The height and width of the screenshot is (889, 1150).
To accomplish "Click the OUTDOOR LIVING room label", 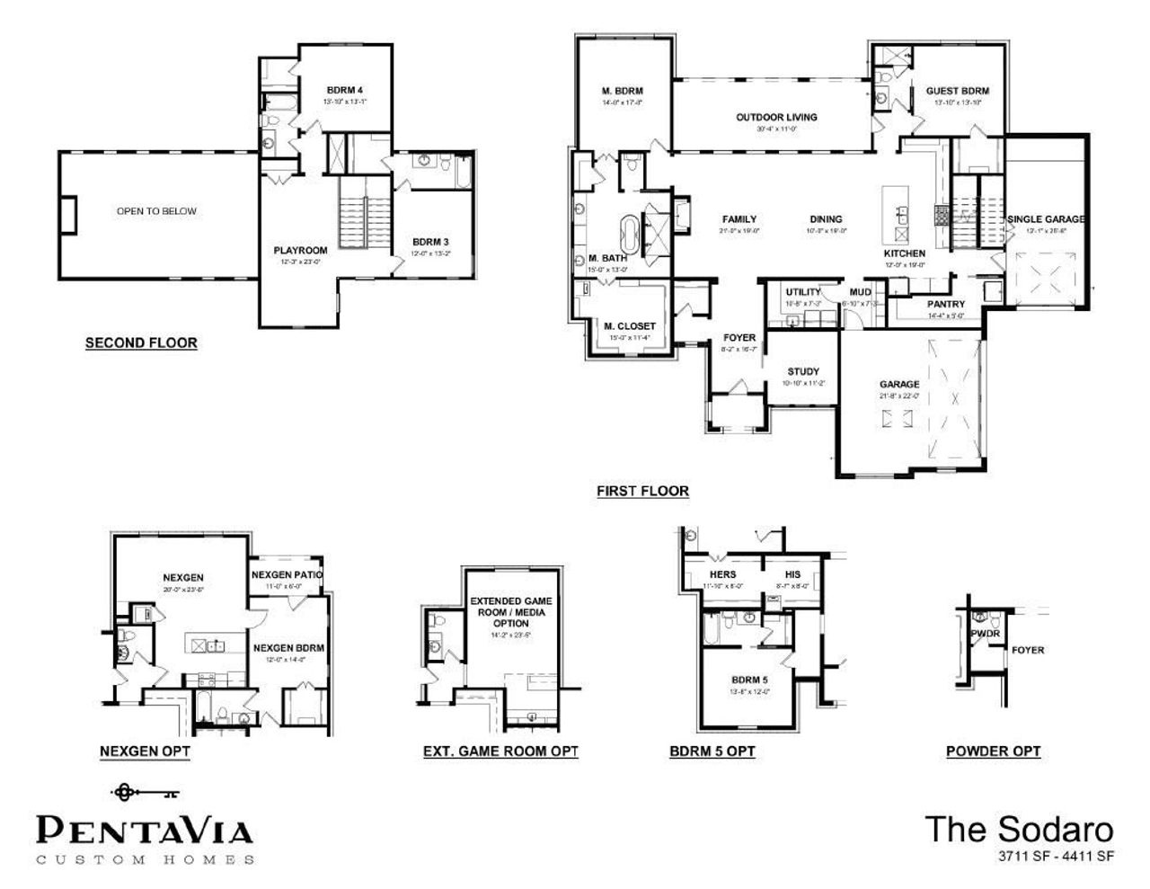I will [776, 117].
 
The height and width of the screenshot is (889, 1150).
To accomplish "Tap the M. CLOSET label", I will [629, 325].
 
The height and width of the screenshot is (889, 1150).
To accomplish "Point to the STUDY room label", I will [802, 371].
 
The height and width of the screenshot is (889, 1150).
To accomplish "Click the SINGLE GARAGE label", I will [1046, 218].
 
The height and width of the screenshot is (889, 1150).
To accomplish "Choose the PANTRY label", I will [945, 304].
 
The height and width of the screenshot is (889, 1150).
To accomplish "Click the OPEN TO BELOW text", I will [156, 211].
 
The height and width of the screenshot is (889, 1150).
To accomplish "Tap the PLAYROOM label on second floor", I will [300, 250].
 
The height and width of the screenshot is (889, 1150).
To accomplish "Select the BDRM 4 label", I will [345, 91].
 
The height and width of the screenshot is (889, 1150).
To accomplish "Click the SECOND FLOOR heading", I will [141, 342].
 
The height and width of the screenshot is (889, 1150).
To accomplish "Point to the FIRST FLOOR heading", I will [642, 491].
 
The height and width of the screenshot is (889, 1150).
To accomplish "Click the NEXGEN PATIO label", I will [287, 574].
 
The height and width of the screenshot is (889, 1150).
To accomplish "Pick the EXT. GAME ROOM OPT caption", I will [500, 751].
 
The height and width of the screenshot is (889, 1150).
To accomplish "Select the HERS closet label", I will [722, 574].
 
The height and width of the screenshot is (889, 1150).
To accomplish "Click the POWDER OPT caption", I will [993, 751].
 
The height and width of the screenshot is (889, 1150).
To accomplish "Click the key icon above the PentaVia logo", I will [145, 793].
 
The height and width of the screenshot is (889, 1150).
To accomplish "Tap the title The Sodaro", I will [1019, 829].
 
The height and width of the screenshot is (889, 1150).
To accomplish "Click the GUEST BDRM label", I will [958, 91].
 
